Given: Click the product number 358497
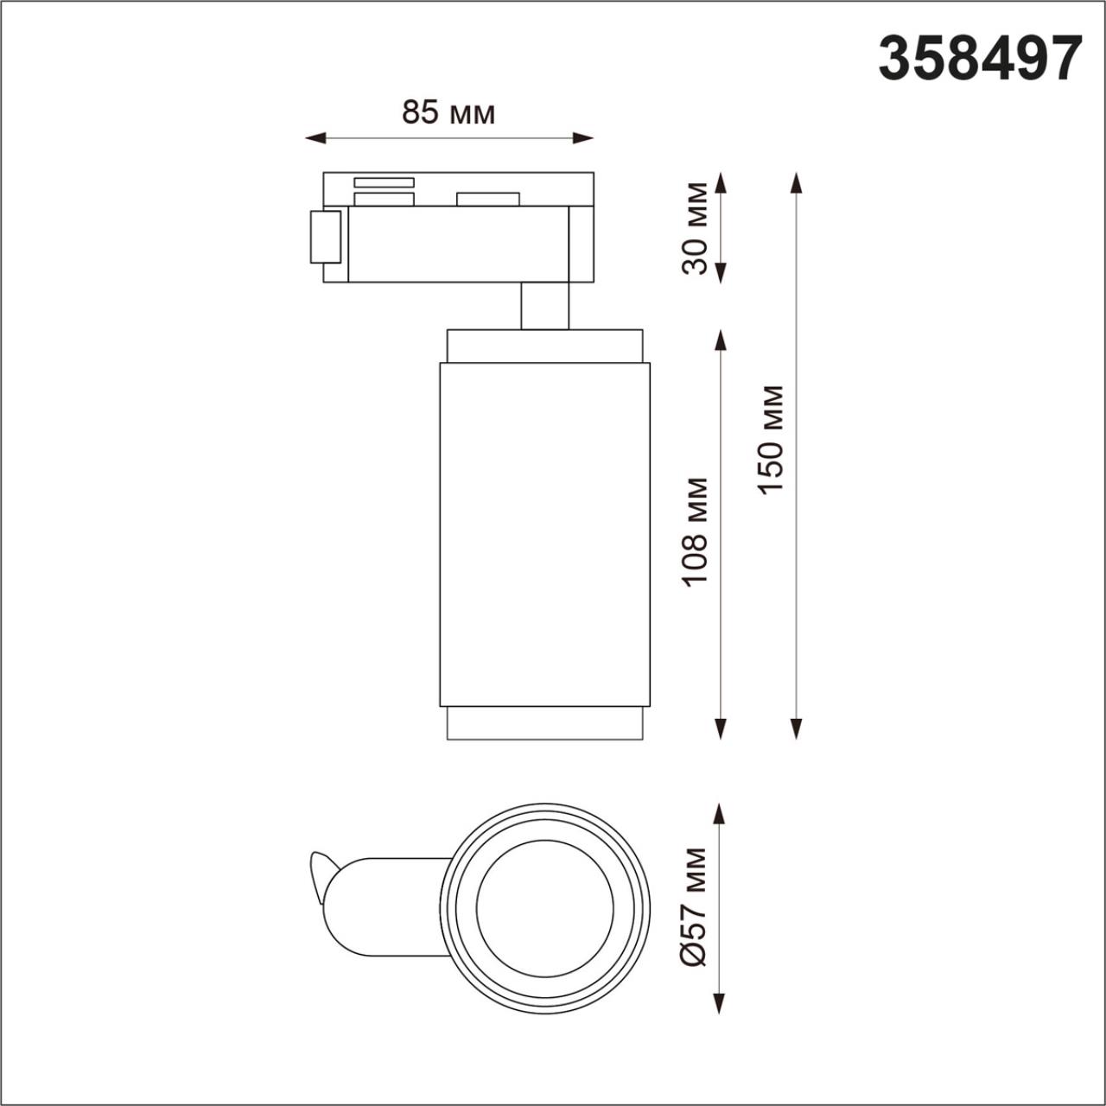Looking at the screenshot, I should click(980, 59).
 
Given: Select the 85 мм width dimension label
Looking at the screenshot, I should click(448, 112).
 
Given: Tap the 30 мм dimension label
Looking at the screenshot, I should click(696, 228).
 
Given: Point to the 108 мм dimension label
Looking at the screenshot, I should click(696, 531).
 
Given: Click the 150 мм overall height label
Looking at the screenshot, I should click(770, 440).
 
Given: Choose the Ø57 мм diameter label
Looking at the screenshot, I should click(694, 906).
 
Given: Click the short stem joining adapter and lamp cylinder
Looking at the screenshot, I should click(544, 306).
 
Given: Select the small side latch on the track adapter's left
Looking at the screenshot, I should click(326, 236).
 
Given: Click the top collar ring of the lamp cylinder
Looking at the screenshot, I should click(544, 346).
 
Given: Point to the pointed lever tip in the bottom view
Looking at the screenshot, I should click(315, 860).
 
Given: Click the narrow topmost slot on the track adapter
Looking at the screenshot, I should click(384, 182).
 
